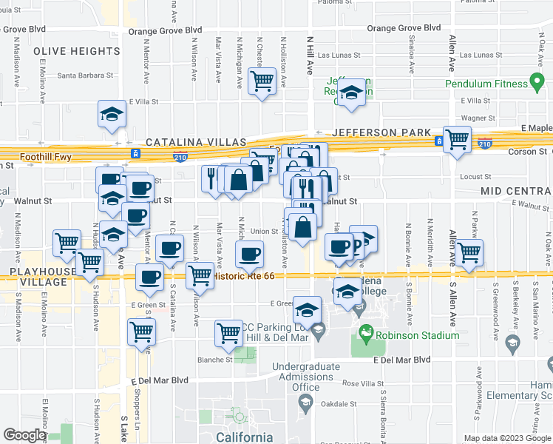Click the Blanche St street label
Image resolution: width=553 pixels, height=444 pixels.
click(x=212, y=360)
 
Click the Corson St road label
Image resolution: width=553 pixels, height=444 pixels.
click(x=526, y=151)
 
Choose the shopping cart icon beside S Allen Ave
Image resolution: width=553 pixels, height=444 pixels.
click(x=469, y=252)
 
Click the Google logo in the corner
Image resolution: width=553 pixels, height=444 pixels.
click(x=24, y=435)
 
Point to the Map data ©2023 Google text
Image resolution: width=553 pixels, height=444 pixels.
click(x=506, y=438)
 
